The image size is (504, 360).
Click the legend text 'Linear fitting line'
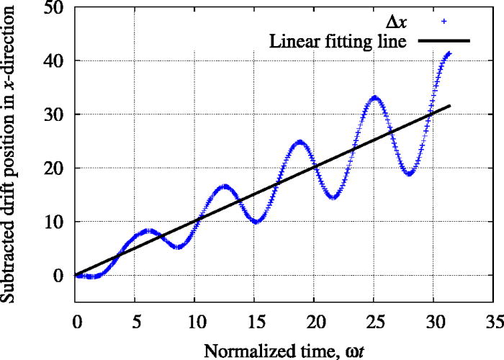coord(338,41)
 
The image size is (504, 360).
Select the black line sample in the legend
coord(441,41)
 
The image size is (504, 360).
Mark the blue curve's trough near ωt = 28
coord(409,174)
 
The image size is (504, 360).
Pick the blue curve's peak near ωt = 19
coord(300,142)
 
